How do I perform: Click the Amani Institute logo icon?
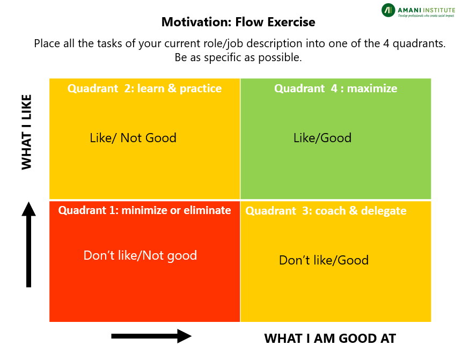pyautogui.click(x=388, y=10)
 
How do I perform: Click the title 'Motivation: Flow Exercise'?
pyautogui.click(x=238, y=22)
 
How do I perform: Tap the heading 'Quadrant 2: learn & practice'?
pyautogui.click(x=144, y=89)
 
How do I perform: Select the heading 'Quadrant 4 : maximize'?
pyautogui.click(x=335, y=89)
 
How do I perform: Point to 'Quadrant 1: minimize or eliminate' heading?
pyautogui.click(x=144, y=210)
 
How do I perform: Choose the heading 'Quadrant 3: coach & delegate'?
pyautogui.click(x=326, y=211)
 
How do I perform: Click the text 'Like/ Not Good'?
pyautogui.click(x=133, y=138)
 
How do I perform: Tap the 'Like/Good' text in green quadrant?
pyautogui.click(x=322, y=138)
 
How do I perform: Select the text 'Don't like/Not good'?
pyautogui.click(x=140, y=255)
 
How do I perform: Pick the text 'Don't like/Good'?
pyautogui.click(x=324, y=260)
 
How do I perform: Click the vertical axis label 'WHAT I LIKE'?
pyautogui.click(x=26, y=132)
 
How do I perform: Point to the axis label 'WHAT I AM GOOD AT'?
pyautogui.click(x=330, y=339)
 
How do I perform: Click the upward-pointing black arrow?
pyautogui.click(x=28, y=245)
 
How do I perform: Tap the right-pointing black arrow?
pyautogui.click(x=151, y=336)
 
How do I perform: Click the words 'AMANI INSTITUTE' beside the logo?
pyautogui.click(x=427, y=10)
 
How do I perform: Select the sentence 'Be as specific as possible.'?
pyautogui.click(x=238, y=57)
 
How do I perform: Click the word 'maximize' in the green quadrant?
pyautogui.click(x=372, y=89)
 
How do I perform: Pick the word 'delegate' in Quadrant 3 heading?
pyautogui.click(x=384, y=211)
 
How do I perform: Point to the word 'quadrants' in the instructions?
pyautogui.click(x=419, y=43)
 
